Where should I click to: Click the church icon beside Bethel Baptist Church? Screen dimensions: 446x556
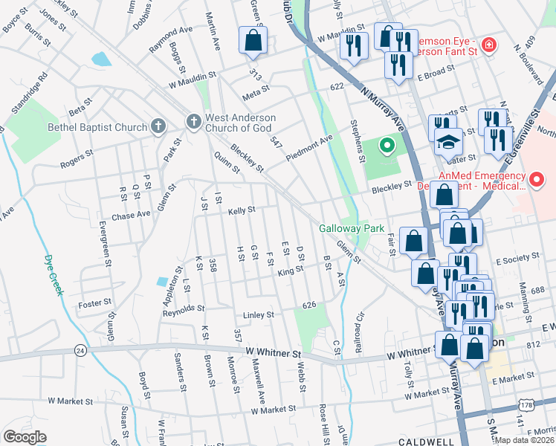coord(158,126)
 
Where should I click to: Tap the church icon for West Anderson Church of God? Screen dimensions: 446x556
coord(193,121)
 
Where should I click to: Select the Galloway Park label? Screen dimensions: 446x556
coord(352,228)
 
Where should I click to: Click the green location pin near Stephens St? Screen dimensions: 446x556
coord(387,146)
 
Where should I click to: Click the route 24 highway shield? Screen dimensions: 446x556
coord(78,350)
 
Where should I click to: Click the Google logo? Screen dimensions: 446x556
coord(25,436)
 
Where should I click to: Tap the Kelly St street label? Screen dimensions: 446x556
coord(242,211)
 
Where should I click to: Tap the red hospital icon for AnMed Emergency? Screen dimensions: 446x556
coord(537,180)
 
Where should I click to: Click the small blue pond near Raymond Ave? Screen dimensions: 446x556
coord(100,59)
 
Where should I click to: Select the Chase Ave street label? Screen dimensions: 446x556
coord(131,213)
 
